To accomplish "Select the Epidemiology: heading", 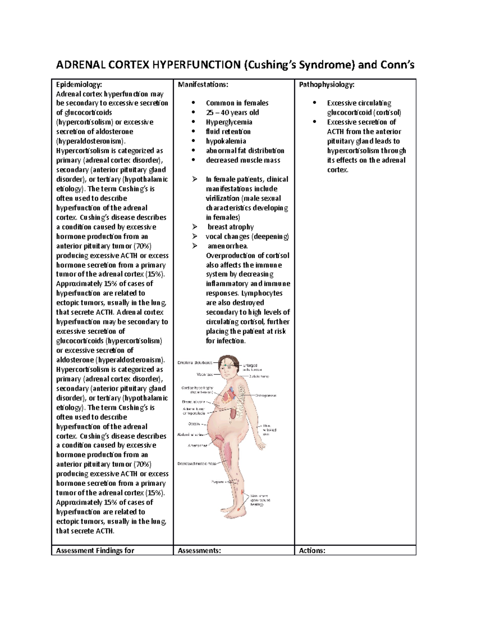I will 79,84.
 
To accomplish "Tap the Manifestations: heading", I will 203,84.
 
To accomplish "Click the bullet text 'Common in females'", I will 237,103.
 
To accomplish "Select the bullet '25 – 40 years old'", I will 232,112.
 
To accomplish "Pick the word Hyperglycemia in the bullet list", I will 229,122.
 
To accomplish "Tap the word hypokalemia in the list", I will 226,141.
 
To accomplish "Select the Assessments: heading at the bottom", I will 200,550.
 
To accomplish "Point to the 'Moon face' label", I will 205,374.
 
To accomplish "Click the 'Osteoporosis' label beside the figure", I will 266,395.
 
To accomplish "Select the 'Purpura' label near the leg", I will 217,482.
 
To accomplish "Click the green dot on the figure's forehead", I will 226,364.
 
